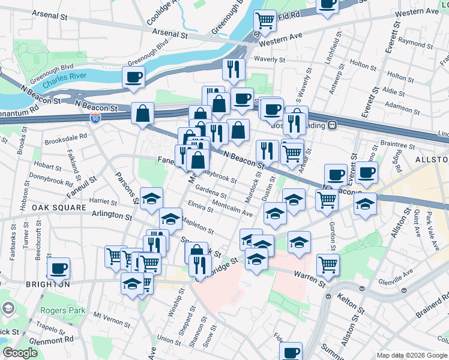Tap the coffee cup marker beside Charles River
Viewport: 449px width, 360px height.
pos(133,77)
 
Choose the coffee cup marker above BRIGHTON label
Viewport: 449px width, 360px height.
pos(58,268)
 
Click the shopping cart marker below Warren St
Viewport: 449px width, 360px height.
pos(328,263)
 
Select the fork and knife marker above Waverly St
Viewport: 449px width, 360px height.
pos(234,70)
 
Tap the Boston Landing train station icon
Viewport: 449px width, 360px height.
pos(331,125)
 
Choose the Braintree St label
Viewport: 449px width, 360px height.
pos(394,144)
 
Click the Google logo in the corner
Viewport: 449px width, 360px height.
pos(20,353)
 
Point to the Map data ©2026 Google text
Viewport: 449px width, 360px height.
pos(412,355)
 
